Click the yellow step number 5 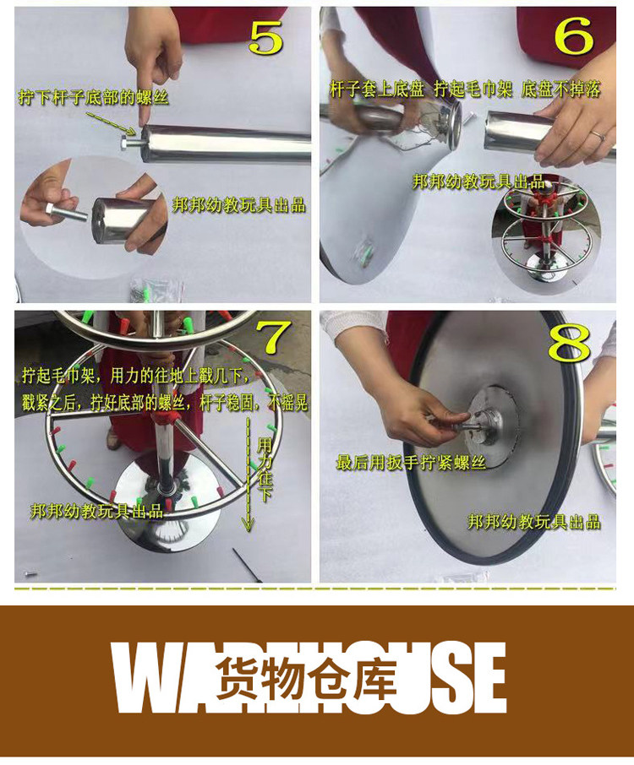tap(266, 36)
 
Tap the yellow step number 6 tap(574, 35)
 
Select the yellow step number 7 tap(274, 337)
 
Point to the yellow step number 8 tap(569, 343)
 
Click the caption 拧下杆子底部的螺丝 tap(93, 97)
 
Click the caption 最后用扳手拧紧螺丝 tap(411, 462)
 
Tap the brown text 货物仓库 tap(306, 677)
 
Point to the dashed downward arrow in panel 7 tap(249, 472)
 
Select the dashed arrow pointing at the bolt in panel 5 tap(112, 123)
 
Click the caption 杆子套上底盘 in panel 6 tap(377, 90)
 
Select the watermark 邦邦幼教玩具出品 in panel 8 tap(534, 522)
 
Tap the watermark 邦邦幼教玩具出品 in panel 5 tap(239, 205)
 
